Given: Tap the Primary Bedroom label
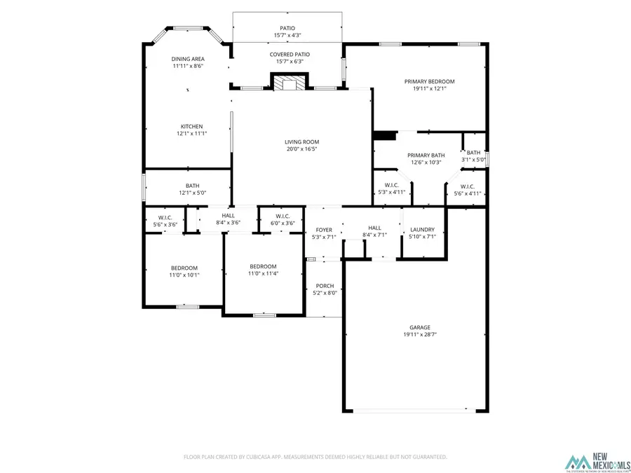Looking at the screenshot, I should point(429,81).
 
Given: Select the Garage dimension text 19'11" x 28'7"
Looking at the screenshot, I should point(420,335).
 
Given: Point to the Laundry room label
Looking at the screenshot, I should point(422,229).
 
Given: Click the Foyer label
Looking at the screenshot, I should point(323,230).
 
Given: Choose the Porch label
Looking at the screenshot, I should point(325,285).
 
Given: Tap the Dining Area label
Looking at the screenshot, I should point(188,59).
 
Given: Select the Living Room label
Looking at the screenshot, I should point(301,142).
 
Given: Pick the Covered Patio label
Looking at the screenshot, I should point(290,54).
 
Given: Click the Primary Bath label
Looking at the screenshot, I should point(426,155).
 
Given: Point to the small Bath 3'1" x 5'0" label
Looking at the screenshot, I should point(474,153).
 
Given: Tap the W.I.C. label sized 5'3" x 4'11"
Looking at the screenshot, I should point(392,185).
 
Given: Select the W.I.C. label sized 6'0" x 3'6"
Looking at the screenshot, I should point(283,216).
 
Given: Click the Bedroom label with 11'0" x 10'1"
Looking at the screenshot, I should point(184,268).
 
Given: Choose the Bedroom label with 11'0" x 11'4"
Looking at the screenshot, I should point(263,266).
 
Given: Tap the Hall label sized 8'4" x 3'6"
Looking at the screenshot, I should point(229,215).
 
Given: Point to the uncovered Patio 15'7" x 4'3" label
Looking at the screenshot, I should point(287,29).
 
